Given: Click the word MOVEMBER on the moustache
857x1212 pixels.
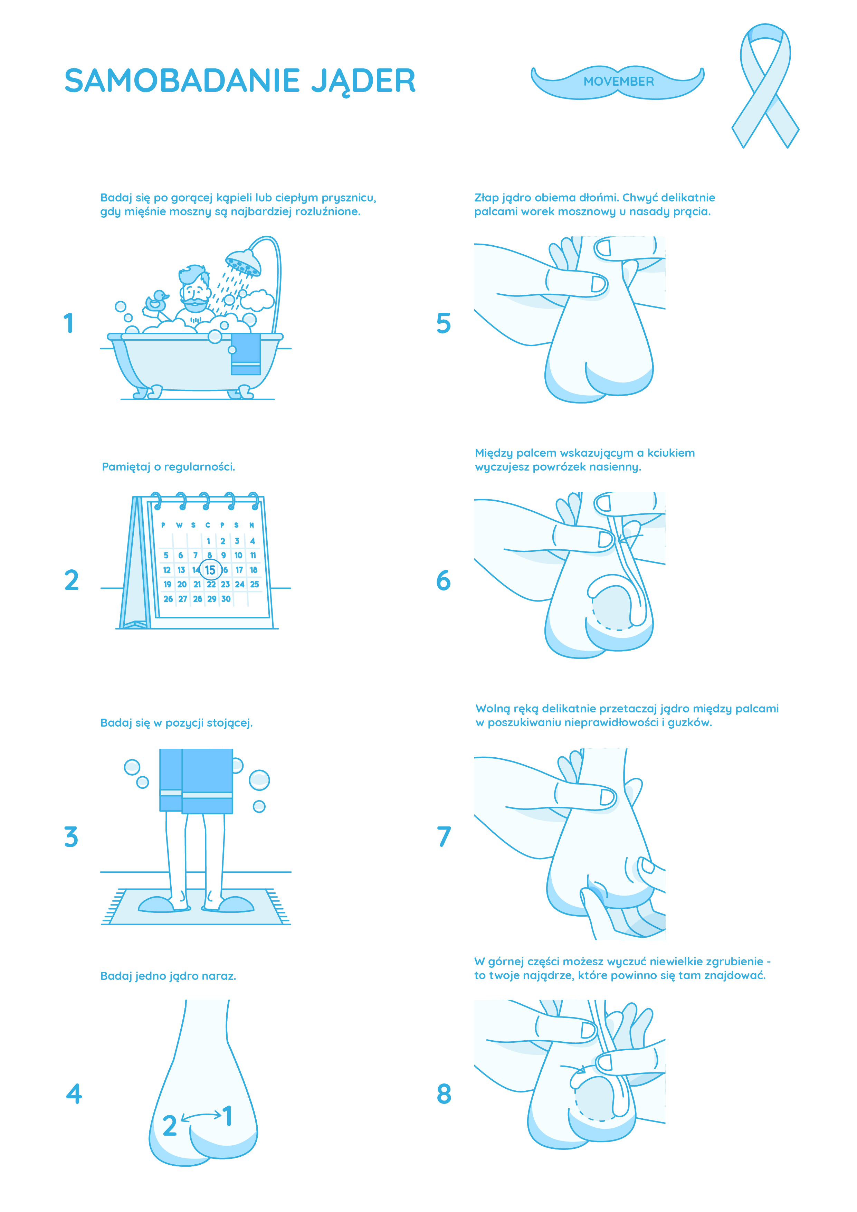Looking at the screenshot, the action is point(618,81).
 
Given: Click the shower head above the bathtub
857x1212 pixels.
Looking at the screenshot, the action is point(243,262).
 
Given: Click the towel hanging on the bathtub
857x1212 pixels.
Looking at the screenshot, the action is point(246,354).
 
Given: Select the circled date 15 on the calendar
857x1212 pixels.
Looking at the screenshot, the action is point(210,570).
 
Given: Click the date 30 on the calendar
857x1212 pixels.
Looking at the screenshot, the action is point(226,599).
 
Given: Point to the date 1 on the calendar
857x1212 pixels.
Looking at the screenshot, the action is point(208,541).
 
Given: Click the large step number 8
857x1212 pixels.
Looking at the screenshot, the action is point(444,1094).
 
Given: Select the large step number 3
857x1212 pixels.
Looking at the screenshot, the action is point(71,837).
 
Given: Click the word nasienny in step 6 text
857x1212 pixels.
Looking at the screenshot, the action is point(615,467).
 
